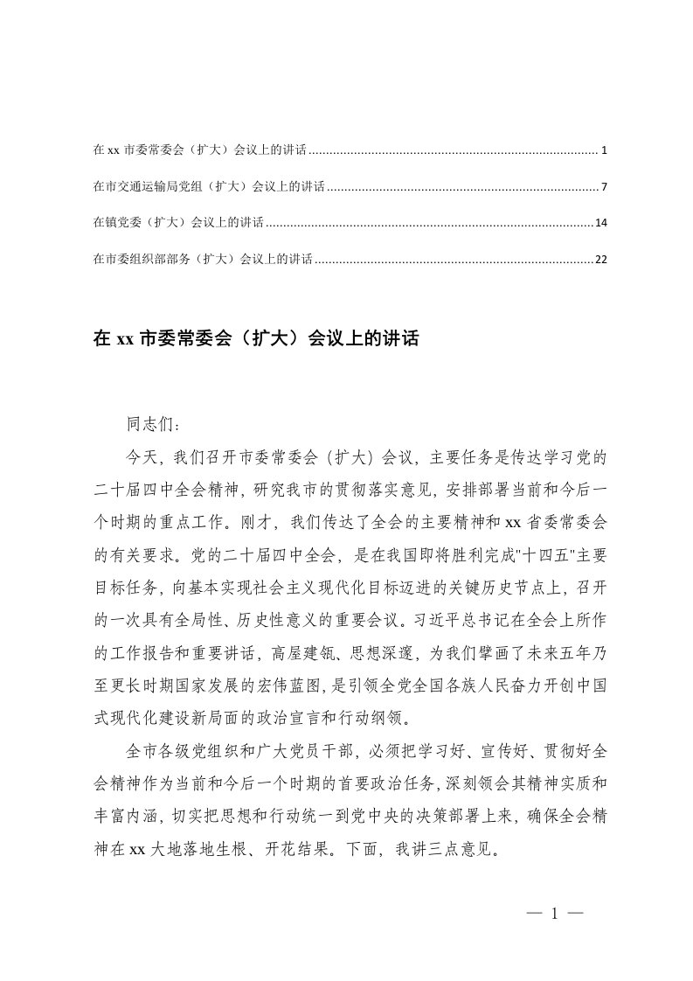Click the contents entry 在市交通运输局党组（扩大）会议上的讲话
tap(209, 187)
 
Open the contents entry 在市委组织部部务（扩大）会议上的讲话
tap(203, 260)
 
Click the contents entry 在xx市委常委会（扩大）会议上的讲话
tap(199, 151)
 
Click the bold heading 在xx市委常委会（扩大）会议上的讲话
tap(256, 339)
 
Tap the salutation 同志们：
tap(154, 426)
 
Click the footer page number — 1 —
tap(554, 915)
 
